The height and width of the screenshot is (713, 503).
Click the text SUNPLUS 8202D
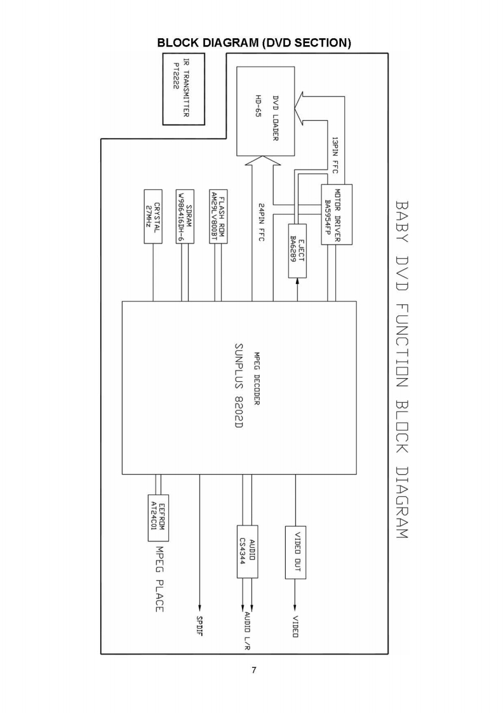tap(238, 387)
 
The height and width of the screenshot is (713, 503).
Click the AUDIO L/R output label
tap(246, 630)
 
